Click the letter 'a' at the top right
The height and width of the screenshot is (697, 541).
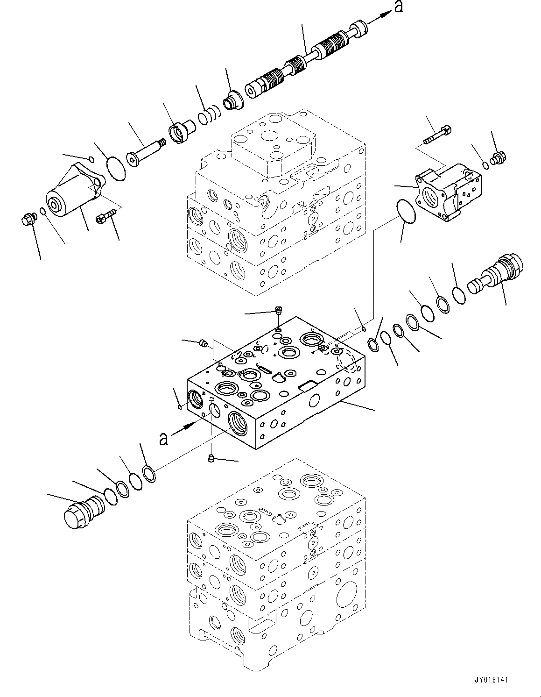point(399,7)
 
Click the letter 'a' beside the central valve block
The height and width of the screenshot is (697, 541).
point(163,439)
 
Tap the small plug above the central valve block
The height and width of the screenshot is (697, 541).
point(279,310)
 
